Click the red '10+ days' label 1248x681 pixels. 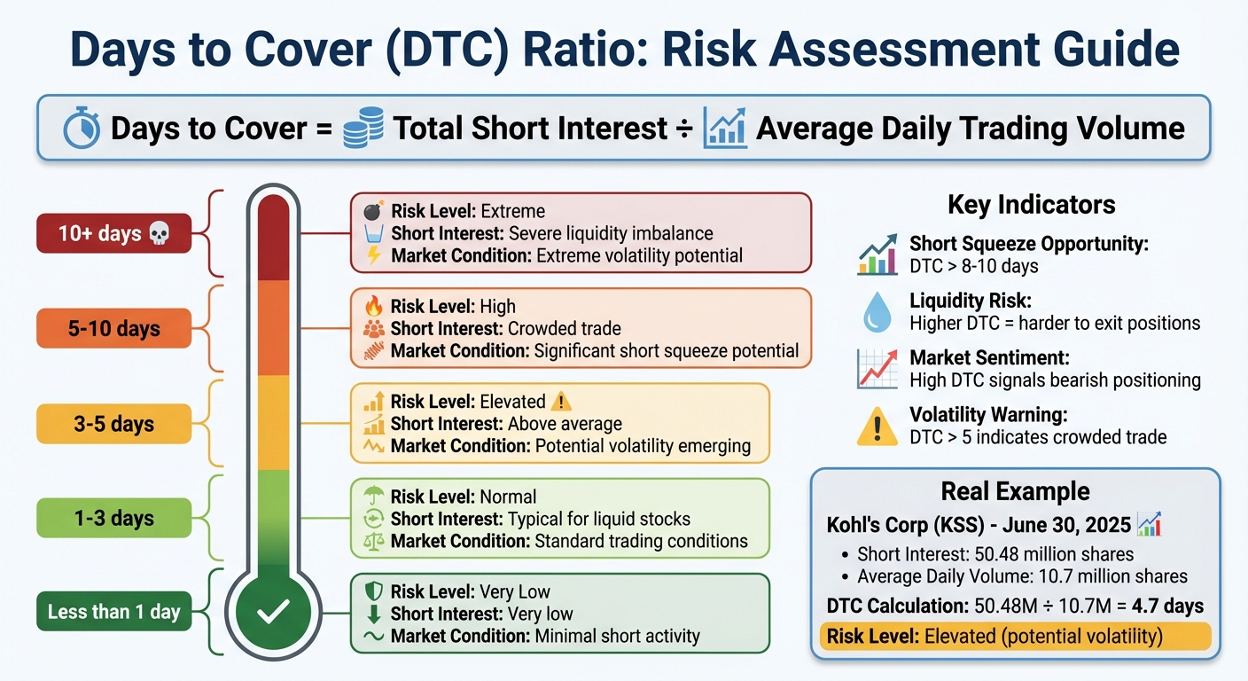coord(113,234)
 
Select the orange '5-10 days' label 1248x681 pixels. coord(113,329)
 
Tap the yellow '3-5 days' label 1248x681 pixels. coord(113,424)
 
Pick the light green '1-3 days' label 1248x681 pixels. coord(113,518)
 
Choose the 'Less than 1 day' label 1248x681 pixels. coord(113,612)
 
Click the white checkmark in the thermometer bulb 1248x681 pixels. coord(273,610)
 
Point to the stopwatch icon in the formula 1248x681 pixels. coord(82,129)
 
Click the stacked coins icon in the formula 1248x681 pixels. coord(363,128)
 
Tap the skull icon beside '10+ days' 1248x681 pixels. coord(159,234)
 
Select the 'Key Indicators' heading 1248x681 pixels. coord(1031,205)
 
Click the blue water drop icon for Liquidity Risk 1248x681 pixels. coord(877,313)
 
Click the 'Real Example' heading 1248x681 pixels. coord(1016,491)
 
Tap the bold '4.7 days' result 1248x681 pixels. coord(1167,607)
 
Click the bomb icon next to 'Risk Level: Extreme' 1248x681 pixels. coord(373,212)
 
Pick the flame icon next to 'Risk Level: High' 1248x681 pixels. coord(373,307)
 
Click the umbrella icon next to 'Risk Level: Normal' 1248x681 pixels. coord(373,497)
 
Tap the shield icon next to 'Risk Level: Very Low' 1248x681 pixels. coord(373,591)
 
